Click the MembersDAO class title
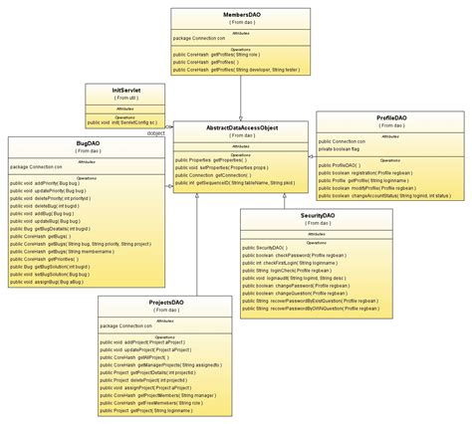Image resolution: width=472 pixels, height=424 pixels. pos(240,15)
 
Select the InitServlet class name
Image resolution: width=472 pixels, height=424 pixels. pos(126,89)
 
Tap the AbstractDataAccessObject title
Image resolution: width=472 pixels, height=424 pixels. pos(240,129)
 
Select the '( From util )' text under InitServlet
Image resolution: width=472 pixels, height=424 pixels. pos(126,98)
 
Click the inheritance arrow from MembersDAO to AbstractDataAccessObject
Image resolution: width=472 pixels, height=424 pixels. pos(240,115)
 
